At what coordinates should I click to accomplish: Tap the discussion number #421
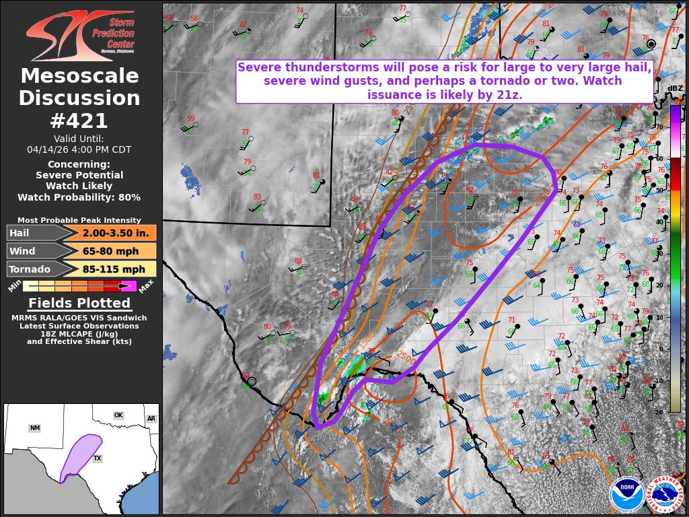click(79, 121)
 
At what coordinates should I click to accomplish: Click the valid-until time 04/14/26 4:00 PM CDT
click(79, 149)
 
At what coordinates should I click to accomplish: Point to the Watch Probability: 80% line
click(79, 197)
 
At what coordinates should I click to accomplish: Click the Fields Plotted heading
click(79, 303)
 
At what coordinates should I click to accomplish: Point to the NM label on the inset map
click(35, 428)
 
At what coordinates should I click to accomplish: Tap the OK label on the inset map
click(118, 415)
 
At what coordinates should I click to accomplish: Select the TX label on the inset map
click(97, 458)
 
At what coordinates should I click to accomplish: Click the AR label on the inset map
click(151, 419)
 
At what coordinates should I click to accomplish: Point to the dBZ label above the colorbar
click(674, 89)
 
